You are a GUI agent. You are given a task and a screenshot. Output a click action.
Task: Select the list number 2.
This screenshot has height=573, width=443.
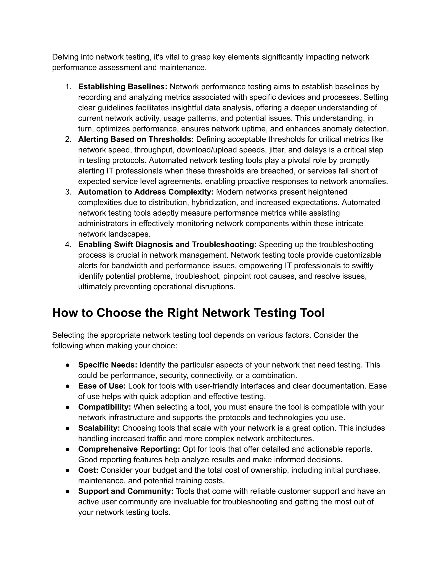68,139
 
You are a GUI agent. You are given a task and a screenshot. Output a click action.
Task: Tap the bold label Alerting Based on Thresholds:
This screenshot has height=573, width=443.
136,139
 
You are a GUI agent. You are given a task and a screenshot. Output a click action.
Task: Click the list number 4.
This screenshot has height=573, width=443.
68,245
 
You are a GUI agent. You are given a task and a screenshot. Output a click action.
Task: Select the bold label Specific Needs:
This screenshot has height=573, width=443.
108,365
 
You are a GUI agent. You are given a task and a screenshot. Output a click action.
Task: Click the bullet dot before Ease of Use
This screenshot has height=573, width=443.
67,386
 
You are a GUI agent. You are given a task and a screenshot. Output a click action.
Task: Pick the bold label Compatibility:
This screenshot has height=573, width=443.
104,407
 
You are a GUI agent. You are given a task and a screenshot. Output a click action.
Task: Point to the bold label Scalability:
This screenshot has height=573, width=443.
99,428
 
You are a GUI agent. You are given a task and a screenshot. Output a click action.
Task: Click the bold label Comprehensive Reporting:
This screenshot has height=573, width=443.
129,449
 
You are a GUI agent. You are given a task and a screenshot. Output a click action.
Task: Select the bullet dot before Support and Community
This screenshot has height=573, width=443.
67,491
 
